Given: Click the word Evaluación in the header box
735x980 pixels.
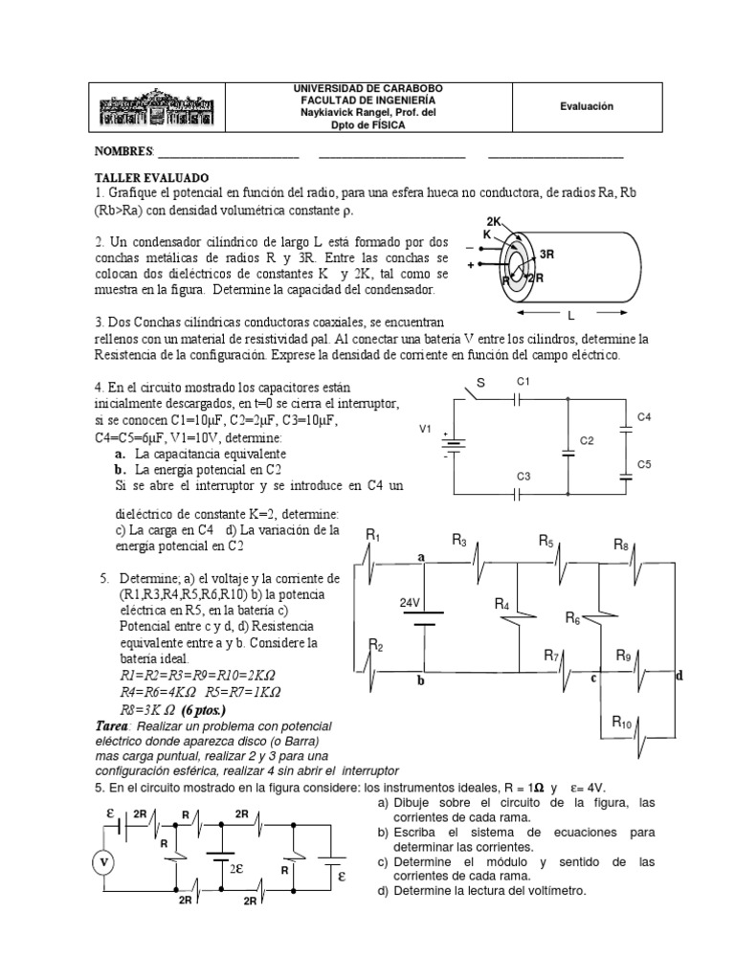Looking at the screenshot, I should click(x=587, y=108).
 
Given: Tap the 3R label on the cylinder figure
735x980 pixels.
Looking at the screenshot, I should click(x=547, y=256).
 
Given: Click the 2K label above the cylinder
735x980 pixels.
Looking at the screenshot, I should click(x=494, y=221).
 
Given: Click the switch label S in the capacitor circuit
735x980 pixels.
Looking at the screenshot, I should click(x=481, y=382).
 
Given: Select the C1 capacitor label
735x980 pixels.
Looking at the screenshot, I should click(x=523, y=381).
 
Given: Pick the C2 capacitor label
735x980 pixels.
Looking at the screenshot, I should click(x=588, y=441).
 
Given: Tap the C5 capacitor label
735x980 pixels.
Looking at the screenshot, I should click(x=644, y=464).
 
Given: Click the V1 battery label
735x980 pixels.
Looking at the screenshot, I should click(x=426, y=430).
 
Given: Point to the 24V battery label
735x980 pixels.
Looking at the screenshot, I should click(x=411, y=604).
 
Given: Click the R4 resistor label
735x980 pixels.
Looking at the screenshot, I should click(x=502, y=603).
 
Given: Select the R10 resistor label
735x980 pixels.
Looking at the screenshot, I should click(x=623, y=723).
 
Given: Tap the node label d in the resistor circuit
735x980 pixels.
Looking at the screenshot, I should click(x=679, y=676).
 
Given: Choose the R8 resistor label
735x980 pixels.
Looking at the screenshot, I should click(x=621, y=545).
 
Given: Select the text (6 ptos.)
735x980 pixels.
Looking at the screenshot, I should click(x=197, y=711).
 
